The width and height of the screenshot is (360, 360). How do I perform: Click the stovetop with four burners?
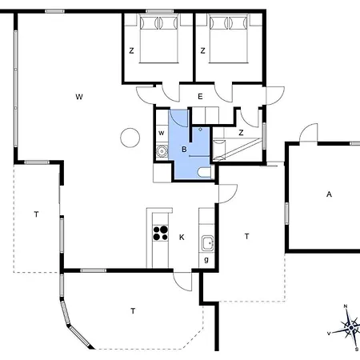coord(160,233)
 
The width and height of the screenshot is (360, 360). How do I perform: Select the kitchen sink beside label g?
coord(207,243)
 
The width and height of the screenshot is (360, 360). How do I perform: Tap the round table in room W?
coord(130,138)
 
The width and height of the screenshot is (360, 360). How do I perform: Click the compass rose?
coord(346,328)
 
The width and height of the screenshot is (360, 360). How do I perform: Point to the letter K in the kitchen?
coord(182,237)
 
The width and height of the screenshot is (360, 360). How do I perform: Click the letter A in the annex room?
coord(329,194)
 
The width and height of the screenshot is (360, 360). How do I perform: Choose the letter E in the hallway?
coord(200,97)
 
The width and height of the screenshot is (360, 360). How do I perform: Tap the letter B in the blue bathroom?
coord(184,150)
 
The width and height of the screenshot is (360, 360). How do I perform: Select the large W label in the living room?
coord(79,97)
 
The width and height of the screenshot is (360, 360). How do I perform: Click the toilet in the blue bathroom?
coord(204,172)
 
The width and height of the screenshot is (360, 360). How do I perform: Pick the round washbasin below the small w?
coord(162,151)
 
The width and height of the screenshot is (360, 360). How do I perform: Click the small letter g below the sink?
coord(206,260)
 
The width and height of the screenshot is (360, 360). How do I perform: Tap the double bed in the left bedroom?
coord(159,38)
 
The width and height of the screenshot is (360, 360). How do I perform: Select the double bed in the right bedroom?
coord(229,38)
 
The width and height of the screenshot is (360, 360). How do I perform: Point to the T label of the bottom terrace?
coord(133,311)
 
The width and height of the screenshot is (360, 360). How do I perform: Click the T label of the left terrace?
coord(36,214)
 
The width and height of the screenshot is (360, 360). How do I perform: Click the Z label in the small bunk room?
coord(241,133)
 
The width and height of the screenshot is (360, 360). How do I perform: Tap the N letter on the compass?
coord(346,306)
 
